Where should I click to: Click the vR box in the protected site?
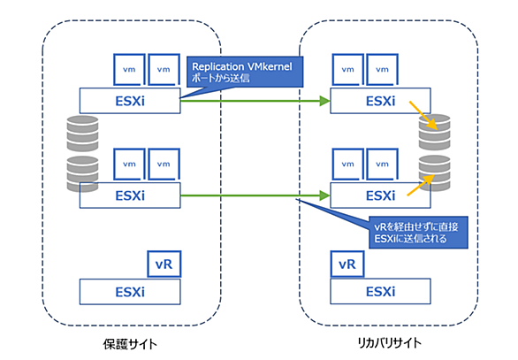click(x=164, y=264)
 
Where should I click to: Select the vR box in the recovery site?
click(x=347, y=264)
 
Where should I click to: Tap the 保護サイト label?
click(x=130, y=344)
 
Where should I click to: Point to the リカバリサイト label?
click(x=390, y=343)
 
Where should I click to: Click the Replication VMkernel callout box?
click(x=245, y=72)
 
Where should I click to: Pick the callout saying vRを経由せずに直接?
click(x=418, y=233)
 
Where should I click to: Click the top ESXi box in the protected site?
click(x=130, y=101)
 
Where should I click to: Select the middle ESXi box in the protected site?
click(x=130, y=195)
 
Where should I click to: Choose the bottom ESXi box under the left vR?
click(x=130, y=292)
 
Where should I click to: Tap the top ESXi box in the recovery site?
click(x=380, y=101)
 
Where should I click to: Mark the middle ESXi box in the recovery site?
click(x=380, y=195)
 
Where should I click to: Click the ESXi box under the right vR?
click(x=380, y=291)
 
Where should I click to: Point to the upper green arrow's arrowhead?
click(x=325, y=101)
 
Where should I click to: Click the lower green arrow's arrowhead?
click(x=325, y=195)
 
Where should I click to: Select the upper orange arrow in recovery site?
click(x=423, y=115)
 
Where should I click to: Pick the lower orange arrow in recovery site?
click(x=421, y=185)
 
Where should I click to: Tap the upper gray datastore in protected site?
click(x=82, y=134)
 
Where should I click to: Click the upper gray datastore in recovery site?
click(x=434, y=132)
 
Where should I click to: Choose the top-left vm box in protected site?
click(x=129, y=69)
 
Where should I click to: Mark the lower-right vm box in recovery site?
click(x=382, y=164)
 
